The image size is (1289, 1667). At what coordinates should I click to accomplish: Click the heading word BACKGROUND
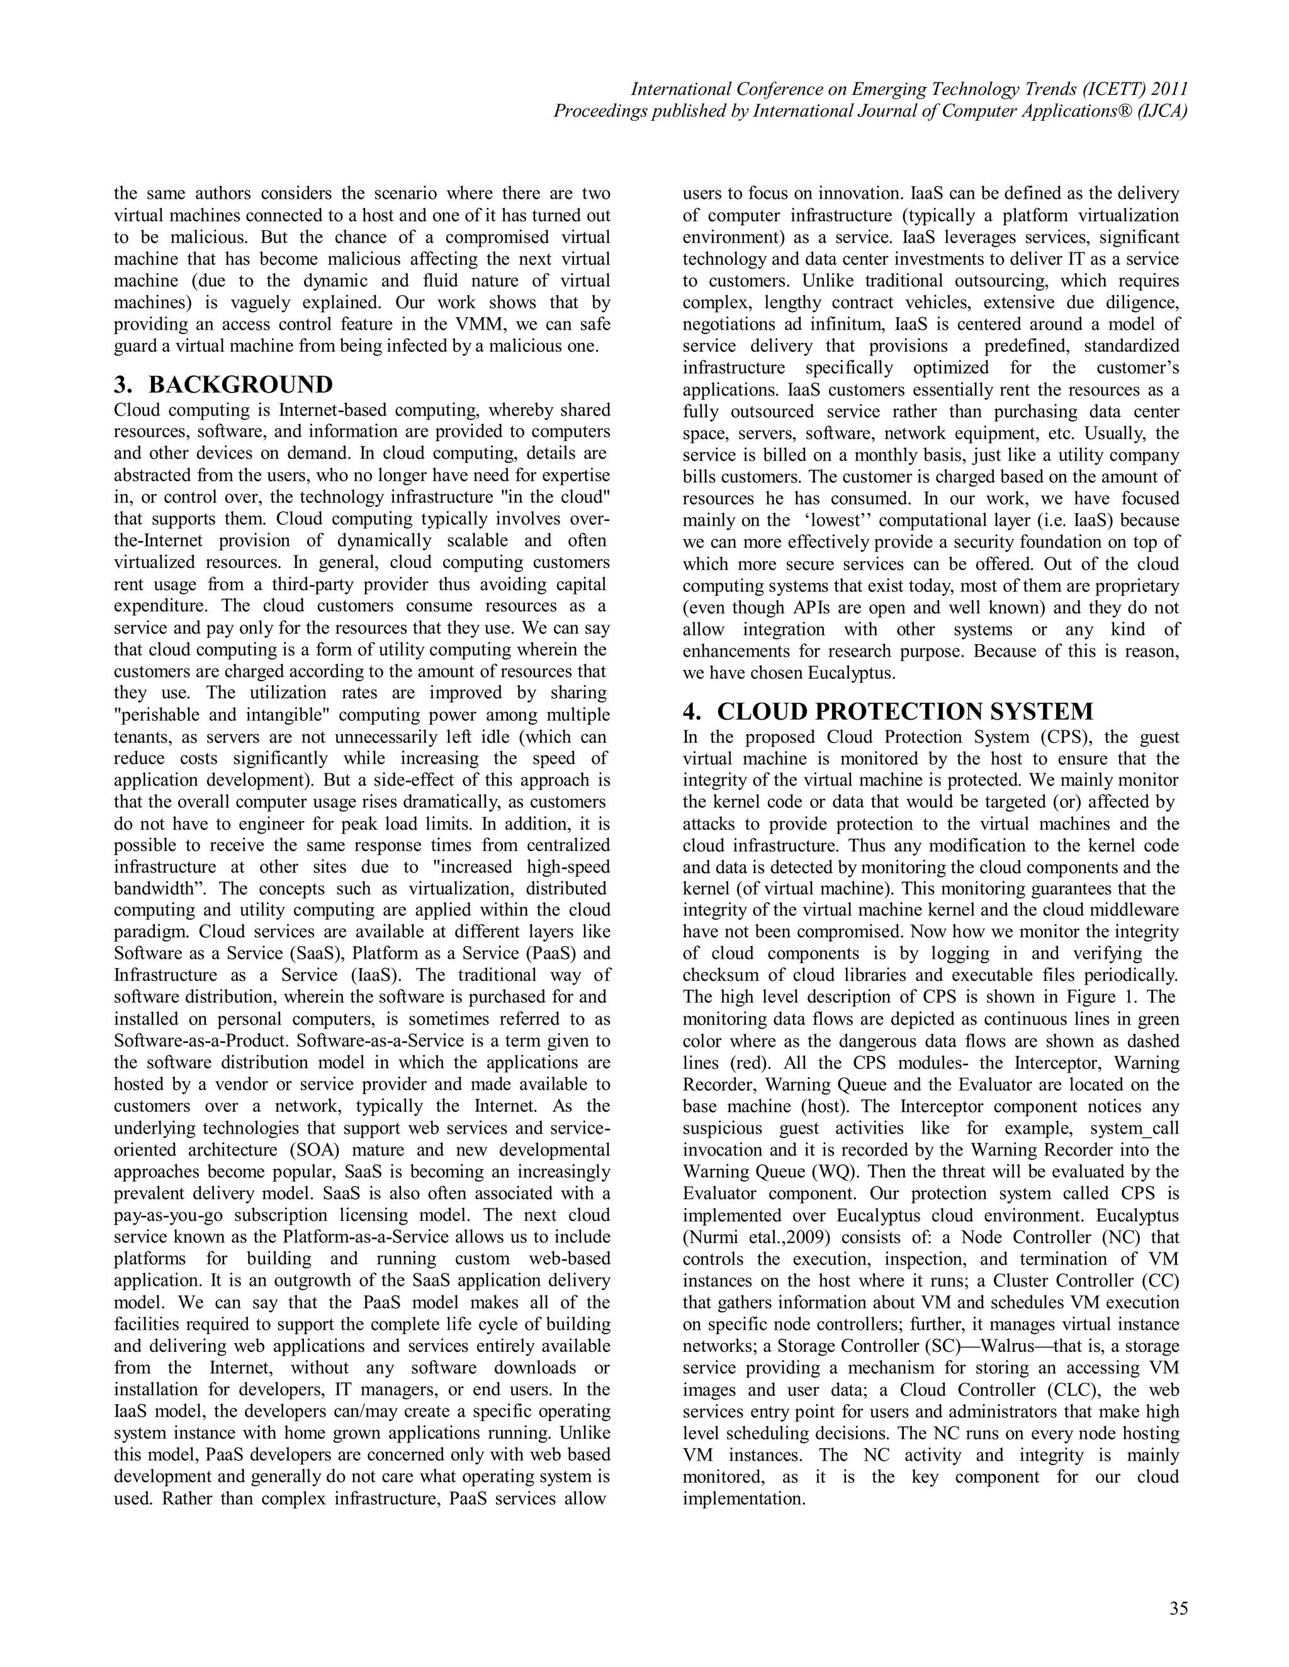click(240, 384)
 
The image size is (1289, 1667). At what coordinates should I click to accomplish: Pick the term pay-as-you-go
click(169, 1215)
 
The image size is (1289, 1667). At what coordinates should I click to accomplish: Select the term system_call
click(1135, 1128)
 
